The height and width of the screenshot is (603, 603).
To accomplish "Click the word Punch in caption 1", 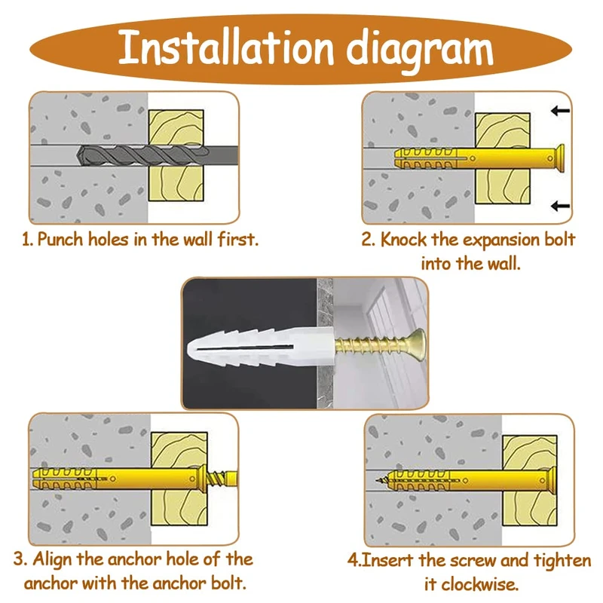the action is point(62,240).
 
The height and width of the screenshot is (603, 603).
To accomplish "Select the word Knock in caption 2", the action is point(405,240).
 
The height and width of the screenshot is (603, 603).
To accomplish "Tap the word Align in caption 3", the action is point(57,559).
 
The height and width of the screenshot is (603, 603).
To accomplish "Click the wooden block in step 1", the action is point(176,155).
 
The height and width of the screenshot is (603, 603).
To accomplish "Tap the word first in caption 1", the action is point(238,240).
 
